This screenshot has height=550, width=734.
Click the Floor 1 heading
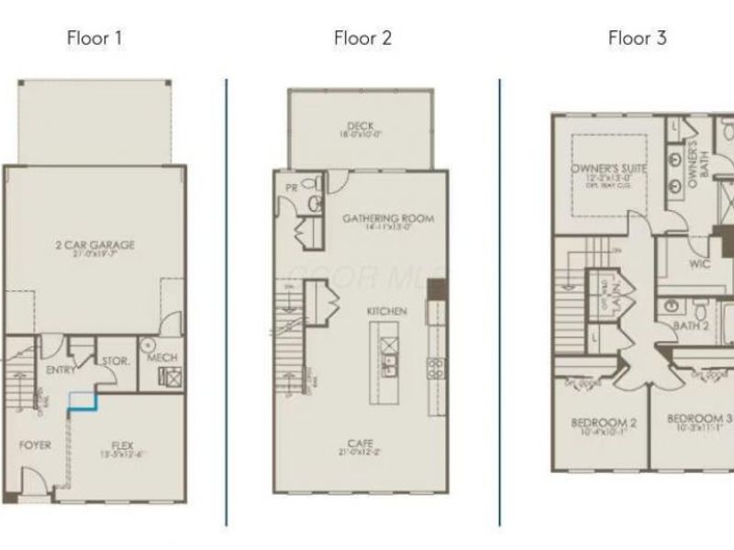[x=95, y=38]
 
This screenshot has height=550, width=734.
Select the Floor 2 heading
[x=362, y=38]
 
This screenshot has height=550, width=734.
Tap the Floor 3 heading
[x=637, y=38]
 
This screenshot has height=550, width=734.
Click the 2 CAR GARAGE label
[x=95, y=245]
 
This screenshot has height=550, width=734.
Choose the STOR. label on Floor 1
[x=114, y=361]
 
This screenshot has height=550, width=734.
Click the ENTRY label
[x=61, y=370]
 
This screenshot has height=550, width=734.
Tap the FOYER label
[x=36, y=445]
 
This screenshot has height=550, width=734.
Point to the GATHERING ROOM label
[x=387, y=218]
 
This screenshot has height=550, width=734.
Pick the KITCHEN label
[x=386, y=312]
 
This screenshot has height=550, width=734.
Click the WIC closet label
[x=701, y=263]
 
